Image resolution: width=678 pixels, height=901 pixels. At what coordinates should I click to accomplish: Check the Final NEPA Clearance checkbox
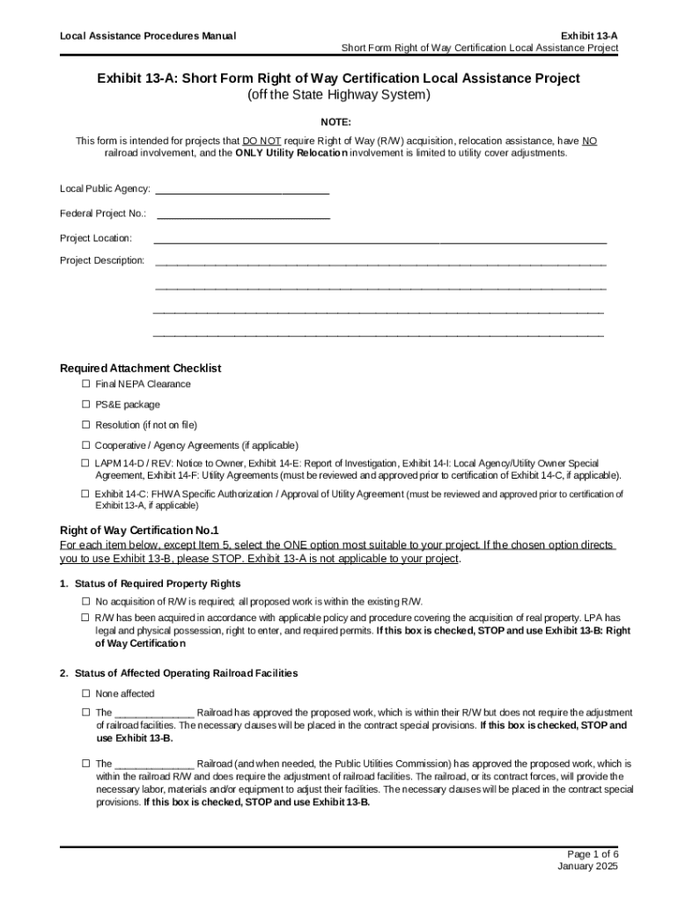(x=86, y=385)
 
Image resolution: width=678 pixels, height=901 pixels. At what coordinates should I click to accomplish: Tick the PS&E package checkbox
(x=86, y=405)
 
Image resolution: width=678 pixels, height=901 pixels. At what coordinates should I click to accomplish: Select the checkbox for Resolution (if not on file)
(x=86, y=425)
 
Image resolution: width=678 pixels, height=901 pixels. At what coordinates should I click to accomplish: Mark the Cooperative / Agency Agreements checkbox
(x=86, y=445)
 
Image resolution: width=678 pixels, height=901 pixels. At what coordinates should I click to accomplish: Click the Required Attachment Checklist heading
(x=140, y=368)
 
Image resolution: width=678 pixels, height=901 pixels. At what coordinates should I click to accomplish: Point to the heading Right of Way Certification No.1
(x=138, y=531)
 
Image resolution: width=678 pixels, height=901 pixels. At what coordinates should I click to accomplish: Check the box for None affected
(x=86, y=694)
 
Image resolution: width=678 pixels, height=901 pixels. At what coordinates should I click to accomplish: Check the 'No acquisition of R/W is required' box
(x=86, y=602)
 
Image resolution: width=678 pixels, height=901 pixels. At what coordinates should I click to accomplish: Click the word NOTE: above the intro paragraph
(x=338, y=121)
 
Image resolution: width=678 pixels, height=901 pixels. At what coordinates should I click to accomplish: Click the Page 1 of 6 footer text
(x=593, y=854)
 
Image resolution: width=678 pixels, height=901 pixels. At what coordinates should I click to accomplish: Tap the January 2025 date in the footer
(x=588, y=867)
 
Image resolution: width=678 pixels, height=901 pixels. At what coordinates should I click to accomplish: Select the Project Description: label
(x=102, y=260)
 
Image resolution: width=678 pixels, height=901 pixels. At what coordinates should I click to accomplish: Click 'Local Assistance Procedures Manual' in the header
(x=147, y=36)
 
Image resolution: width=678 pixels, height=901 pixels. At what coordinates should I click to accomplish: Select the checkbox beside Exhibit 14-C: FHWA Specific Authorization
(x=86, y=494)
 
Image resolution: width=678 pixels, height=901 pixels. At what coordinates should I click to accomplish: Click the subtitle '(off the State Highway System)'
(x=338, y=95)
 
